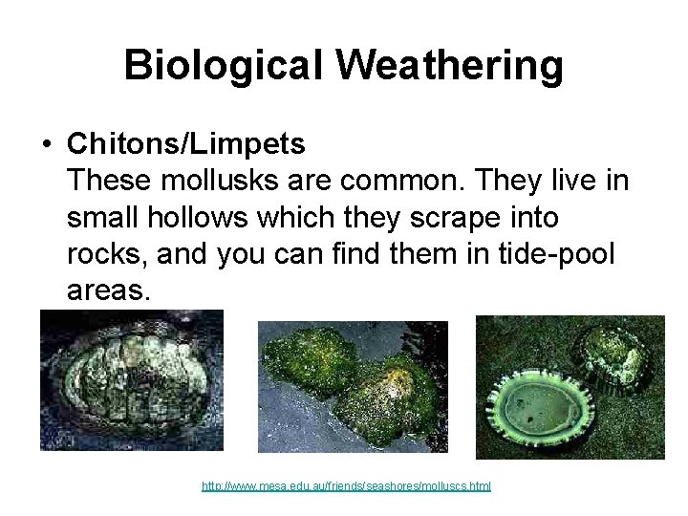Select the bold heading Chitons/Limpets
point(186,144)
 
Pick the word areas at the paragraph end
point(108,290)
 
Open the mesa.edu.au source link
point(346,486)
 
